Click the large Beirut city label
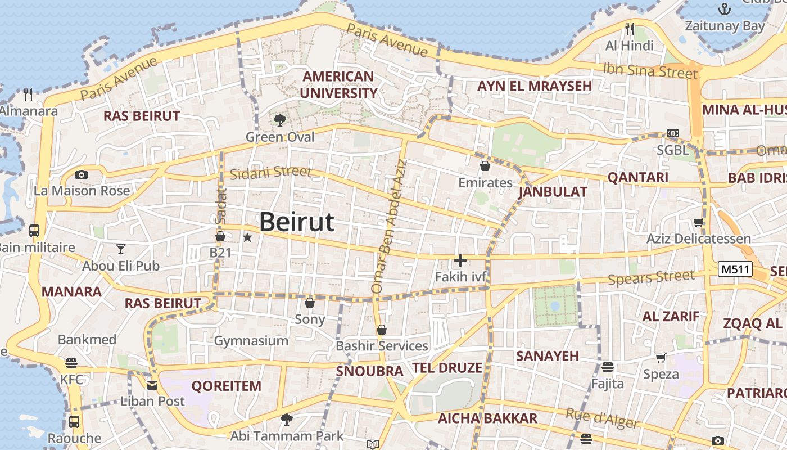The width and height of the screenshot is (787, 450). pos(297,222)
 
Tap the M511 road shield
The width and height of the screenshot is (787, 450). pos(735,269)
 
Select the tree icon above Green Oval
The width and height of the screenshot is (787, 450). pos(279,120)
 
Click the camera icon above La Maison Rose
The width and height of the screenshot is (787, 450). pos(82,174)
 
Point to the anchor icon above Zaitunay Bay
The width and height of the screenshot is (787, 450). pos(725,9)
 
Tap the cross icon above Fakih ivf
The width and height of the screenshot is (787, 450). pos(460,260)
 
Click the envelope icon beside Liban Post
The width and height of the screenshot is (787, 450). pos(152,385)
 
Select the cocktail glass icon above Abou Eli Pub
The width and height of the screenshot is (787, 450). pos(121,249)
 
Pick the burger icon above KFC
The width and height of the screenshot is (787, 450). pos(71,363)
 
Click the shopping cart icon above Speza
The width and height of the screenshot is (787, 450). pos(661,358)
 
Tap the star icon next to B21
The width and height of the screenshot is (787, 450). pos(247,237)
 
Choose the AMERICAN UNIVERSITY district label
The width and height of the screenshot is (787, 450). pos(338,84)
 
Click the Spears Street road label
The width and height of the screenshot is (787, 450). pos(651,277)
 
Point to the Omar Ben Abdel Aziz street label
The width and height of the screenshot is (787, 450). pos(388,226)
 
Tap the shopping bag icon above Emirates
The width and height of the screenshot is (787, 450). pos(485,166)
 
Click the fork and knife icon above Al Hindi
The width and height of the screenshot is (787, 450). pos(630,29)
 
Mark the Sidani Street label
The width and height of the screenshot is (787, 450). pos(270,173)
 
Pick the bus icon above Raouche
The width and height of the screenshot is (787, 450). pos(74,421)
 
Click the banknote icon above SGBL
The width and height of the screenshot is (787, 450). pos(673,133)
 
